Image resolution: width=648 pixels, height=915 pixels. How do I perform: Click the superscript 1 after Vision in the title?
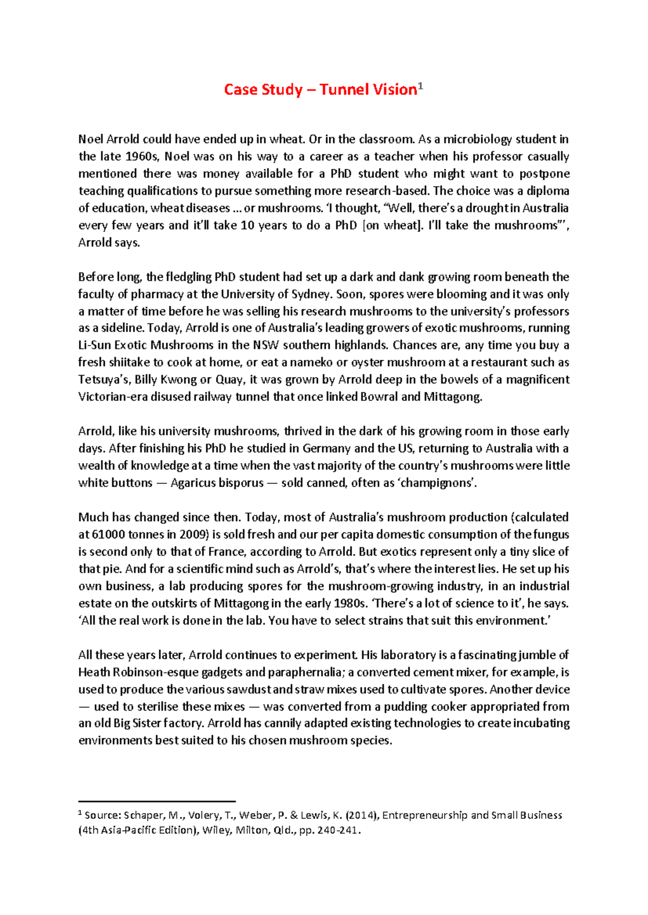click(x=421, y=86)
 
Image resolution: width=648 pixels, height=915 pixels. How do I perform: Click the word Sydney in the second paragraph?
click(x=310, y=294)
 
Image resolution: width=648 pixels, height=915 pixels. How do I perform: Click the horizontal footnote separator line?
click(x=157, y=801)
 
